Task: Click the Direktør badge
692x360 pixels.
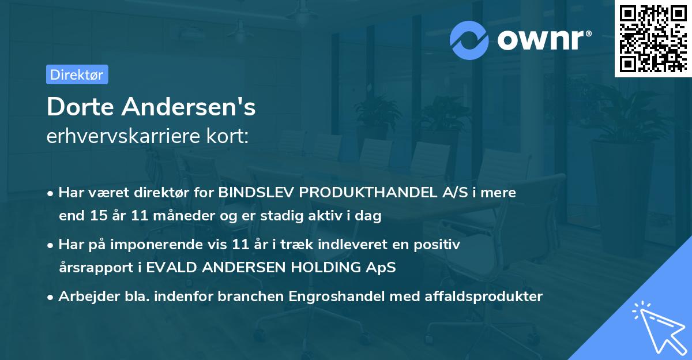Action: pyautogui.click(x=77, y=74)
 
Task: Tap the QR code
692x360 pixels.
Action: pyautogui.click(x=652, y=39)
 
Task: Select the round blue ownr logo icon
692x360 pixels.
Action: pyautogui.click(x=469, y=40)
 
